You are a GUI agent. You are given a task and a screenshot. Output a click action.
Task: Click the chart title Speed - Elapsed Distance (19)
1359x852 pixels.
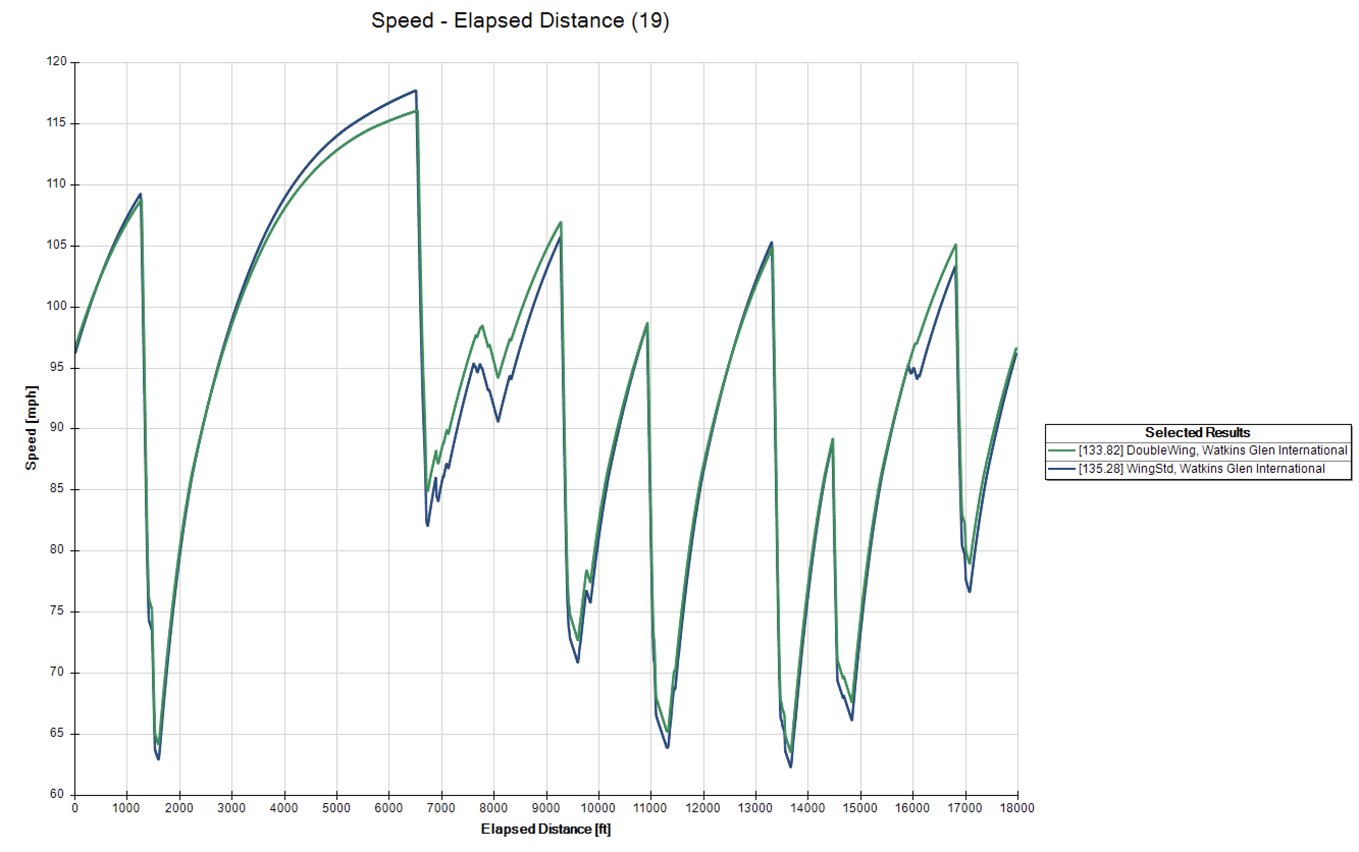[520, 21]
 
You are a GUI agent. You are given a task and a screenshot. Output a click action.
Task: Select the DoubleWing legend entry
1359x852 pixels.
[1212, 451]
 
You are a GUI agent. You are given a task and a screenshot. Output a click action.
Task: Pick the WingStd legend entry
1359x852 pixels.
[1200, 469]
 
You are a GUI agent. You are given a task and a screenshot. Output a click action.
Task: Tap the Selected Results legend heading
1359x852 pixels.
[1197, 433]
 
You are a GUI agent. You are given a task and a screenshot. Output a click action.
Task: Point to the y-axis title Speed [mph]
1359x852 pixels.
[31, 428]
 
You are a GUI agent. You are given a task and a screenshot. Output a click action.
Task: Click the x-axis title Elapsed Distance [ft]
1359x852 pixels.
[545, 829]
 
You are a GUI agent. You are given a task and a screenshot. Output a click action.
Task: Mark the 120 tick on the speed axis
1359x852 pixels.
[57, 62]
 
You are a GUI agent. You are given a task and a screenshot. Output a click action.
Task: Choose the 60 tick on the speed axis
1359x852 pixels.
[57, 794]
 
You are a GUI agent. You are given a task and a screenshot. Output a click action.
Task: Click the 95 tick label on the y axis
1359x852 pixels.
[57, 367]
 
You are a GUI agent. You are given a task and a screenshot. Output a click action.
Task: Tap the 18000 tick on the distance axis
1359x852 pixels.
[1017, 808]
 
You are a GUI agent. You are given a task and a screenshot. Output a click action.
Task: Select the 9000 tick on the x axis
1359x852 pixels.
[545, 808]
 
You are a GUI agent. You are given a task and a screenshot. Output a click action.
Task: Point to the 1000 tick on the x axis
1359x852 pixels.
[126, 808]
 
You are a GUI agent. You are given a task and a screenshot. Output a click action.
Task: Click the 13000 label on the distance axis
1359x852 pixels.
[755, 808]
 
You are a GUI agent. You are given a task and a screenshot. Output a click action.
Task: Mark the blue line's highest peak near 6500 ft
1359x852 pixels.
[415, 91]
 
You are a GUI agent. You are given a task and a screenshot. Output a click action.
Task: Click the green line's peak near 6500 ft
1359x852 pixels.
[417, 111]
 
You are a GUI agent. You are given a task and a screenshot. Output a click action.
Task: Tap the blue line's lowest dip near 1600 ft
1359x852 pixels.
[159, 759]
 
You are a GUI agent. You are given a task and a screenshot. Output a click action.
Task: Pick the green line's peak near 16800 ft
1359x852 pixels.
[955, 245]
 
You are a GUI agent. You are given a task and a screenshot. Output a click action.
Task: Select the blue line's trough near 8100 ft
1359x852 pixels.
[498, 421]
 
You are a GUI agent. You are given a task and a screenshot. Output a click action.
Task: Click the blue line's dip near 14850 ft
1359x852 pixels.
[852, 720]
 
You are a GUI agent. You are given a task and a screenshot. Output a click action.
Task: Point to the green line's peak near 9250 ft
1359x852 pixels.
[561, 222]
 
